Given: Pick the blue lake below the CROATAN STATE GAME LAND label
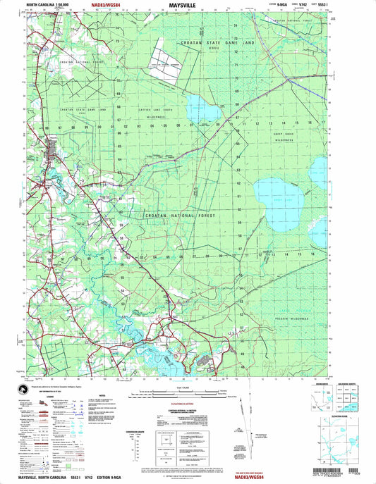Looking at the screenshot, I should tap(203, 109).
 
